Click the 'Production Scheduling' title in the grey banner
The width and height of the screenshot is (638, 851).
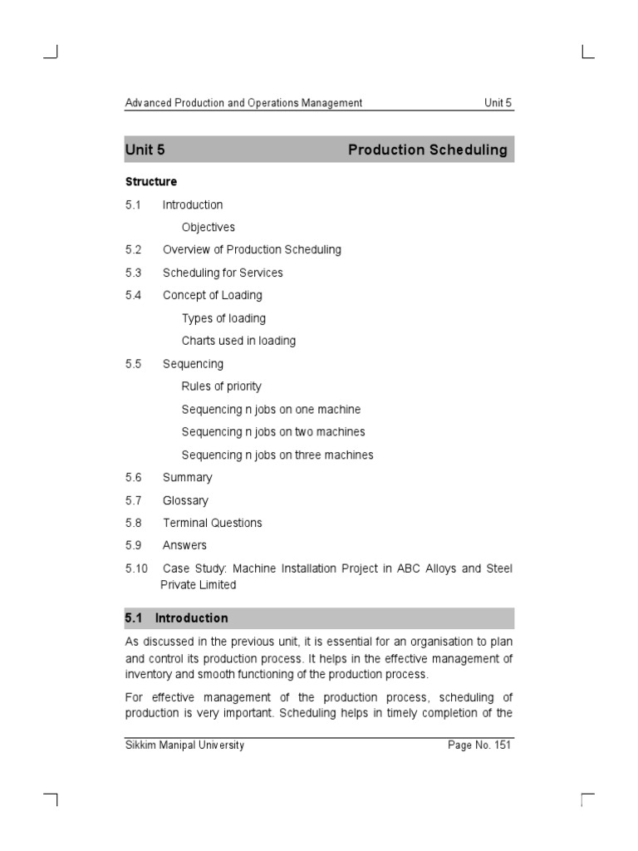coord(427,150)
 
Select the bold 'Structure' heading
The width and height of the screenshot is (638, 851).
coord(150,181)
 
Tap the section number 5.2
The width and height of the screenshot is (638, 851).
coord(134,249)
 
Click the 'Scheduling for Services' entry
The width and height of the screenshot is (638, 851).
coord(223,273)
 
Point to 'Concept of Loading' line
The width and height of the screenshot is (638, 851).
coord(212,295)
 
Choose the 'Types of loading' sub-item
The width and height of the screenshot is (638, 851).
coord(223,318)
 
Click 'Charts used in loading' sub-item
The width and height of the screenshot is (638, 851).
coord(238,341)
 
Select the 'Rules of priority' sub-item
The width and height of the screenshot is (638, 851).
coord(221,386)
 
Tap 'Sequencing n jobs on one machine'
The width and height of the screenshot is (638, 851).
coord(271,410)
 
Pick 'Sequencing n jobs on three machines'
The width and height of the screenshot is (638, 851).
coord(277,455)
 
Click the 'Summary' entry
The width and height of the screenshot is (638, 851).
coord(187,478)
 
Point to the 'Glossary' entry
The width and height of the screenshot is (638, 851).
coord(185,500)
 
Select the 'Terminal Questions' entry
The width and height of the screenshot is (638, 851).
coord(212,523)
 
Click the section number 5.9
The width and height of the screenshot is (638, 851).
coord(134,545)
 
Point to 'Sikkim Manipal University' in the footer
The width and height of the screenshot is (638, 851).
coord(184,745)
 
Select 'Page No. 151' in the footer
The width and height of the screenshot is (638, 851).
coord(479,745)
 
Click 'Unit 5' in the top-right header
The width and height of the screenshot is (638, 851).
coord(498,103)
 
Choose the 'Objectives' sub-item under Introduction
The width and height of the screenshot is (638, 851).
coord(209,227)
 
